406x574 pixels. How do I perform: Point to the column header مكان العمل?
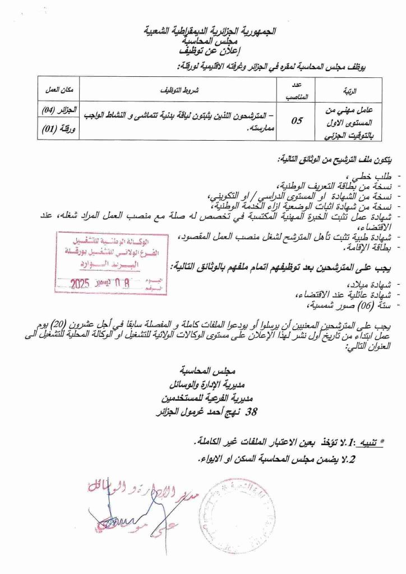59,90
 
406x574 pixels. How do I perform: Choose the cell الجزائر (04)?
59,109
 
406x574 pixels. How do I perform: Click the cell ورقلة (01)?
59,130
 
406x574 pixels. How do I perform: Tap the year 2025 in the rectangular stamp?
84,284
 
